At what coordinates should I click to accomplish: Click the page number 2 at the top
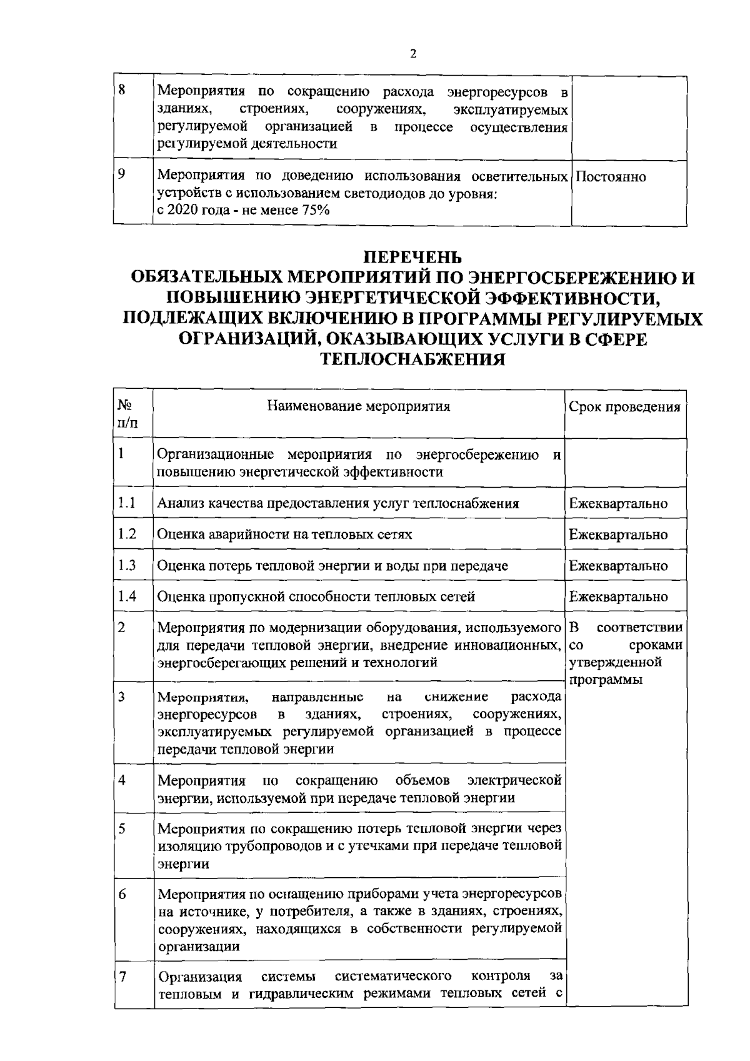point(412,54)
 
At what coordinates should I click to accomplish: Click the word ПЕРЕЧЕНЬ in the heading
point(412,257)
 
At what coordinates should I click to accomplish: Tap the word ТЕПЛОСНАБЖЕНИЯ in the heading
point(412,360)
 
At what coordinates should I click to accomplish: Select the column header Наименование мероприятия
point(359,407)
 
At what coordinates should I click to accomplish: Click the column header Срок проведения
point(624,408)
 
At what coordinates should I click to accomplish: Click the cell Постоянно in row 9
point(611,177)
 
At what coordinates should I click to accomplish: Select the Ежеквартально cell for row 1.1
point(618,503)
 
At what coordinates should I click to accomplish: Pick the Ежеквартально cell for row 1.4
point(618,596)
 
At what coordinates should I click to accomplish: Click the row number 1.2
point(127,534)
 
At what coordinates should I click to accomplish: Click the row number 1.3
point(127,565)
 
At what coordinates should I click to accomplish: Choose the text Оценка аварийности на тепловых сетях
point(285,535)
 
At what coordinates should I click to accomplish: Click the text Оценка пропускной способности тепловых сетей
point(316,596)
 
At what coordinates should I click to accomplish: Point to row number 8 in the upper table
point(122,89)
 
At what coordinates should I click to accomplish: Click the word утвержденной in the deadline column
point(615,661)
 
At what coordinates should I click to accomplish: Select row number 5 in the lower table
point(122,829)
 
